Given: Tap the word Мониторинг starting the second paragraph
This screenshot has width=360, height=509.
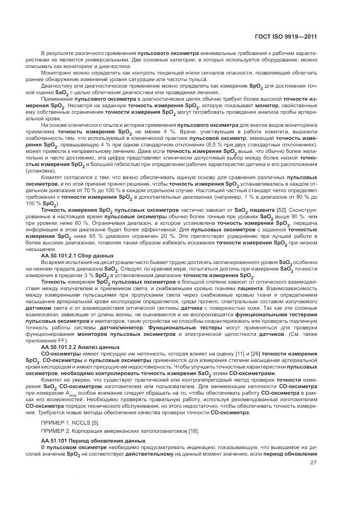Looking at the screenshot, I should (x=56, y=72).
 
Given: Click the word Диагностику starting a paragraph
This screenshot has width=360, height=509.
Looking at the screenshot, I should (x=57, y=86).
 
